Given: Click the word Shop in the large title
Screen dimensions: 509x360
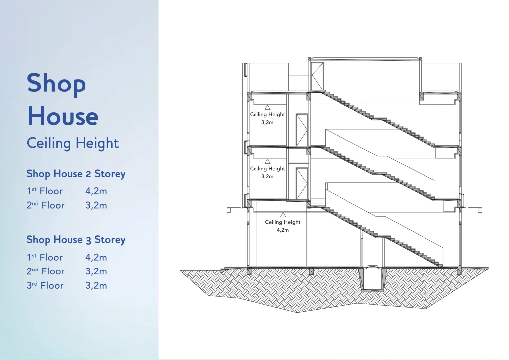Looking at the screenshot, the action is coord(56,84).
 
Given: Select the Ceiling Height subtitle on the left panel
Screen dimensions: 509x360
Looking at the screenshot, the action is coord(73,143).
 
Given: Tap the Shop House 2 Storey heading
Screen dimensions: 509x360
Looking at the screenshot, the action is coord(76,174).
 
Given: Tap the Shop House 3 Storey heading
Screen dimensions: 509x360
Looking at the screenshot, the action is coord(76,240).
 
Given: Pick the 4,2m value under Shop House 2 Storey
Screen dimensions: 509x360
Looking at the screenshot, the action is coord(96,191).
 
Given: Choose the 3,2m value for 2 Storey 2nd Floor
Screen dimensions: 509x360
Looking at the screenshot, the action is coord(96,205).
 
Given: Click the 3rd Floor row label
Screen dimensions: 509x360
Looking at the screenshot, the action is coord(45,285).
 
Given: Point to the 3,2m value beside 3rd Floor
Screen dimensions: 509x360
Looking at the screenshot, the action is coord(96,285).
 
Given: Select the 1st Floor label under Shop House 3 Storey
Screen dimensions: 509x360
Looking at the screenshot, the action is coord(44,258).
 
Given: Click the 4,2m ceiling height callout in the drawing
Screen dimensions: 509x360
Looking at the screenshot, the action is coord(283,226).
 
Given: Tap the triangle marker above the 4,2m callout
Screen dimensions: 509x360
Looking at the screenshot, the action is coord(283,215).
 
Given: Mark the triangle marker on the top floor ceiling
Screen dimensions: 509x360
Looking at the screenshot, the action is coord(267,107).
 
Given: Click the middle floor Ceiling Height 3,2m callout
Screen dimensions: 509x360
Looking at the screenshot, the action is coord(267,172).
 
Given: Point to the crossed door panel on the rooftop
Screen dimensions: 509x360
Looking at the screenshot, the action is coord(317,77).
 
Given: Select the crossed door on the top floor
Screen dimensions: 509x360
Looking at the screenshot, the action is coord(302,130).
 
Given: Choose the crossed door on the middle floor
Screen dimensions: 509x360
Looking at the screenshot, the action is coord(302,184).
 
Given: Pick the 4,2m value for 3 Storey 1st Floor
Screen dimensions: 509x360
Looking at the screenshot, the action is coord(96,258).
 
